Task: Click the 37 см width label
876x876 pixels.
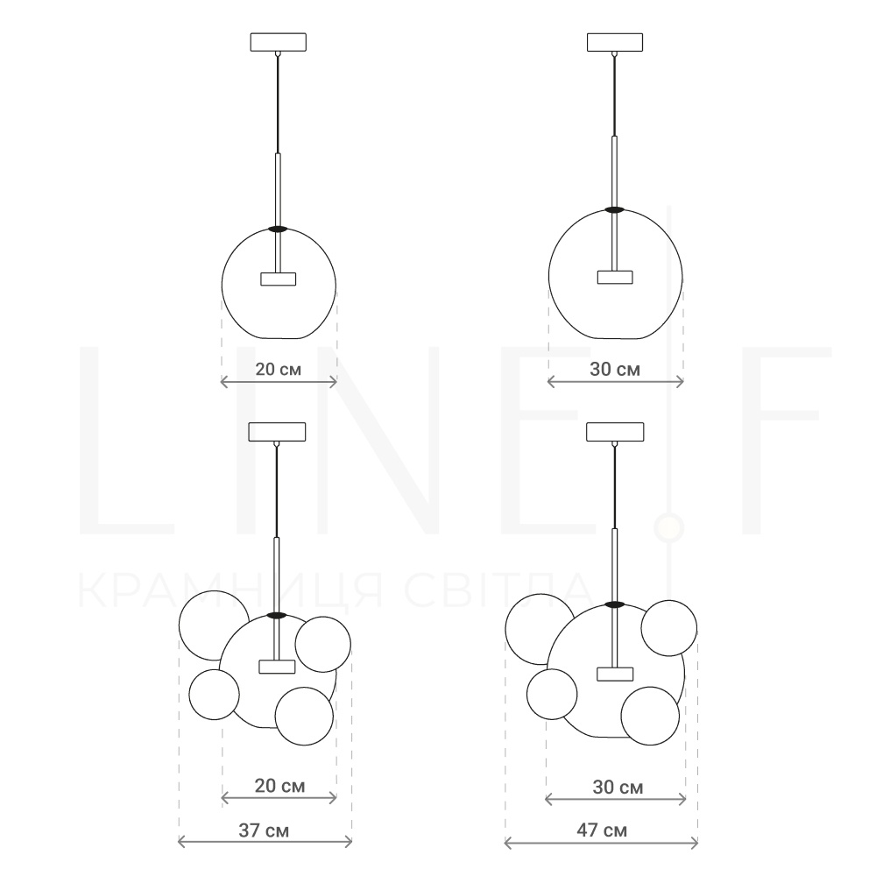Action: click(x=264, y=830)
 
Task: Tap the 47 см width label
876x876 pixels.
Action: click(x=602, y=830)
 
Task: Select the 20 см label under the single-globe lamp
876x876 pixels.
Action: click(x=279, y=370)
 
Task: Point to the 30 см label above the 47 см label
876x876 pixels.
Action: click(x=618, y=788)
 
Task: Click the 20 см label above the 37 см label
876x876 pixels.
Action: click(x=280, y=786)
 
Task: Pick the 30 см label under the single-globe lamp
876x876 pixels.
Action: click(x=615, y=370)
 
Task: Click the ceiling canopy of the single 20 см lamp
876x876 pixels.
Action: click(x=279, y=42)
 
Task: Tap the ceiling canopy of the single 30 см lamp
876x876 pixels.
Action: click(x=615, y=42)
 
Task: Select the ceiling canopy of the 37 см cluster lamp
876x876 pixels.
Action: click(x=277, y=432)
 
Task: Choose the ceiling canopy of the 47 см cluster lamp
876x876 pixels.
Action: click(x=615, y=432)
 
